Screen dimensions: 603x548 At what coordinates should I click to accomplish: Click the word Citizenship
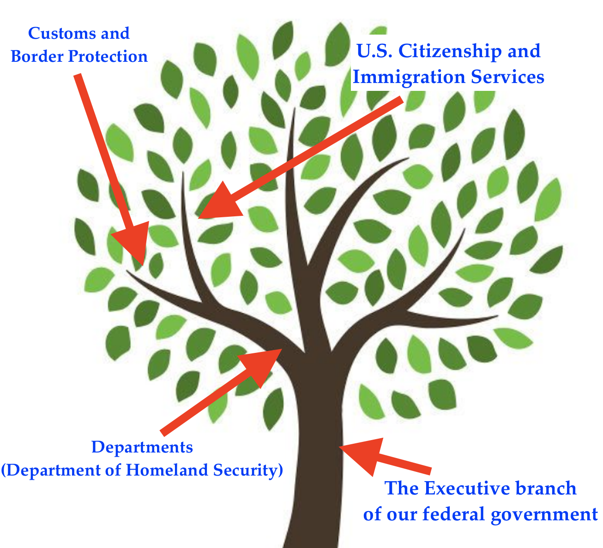point(450,52)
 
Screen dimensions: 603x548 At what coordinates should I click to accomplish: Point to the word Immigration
point(409,77)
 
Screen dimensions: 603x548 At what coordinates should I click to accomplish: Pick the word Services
point(507,77)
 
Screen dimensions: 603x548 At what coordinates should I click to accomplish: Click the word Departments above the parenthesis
point(142,448)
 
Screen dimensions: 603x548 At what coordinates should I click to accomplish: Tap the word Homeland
point(167,470)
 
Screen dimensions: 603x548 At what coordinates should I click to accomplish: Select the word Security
point(246,471)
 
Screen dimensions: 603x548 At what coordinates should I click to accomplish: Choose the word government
point(544,515)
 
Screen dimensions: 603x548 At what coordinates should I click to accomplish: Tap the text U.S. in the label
point(374,51)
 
